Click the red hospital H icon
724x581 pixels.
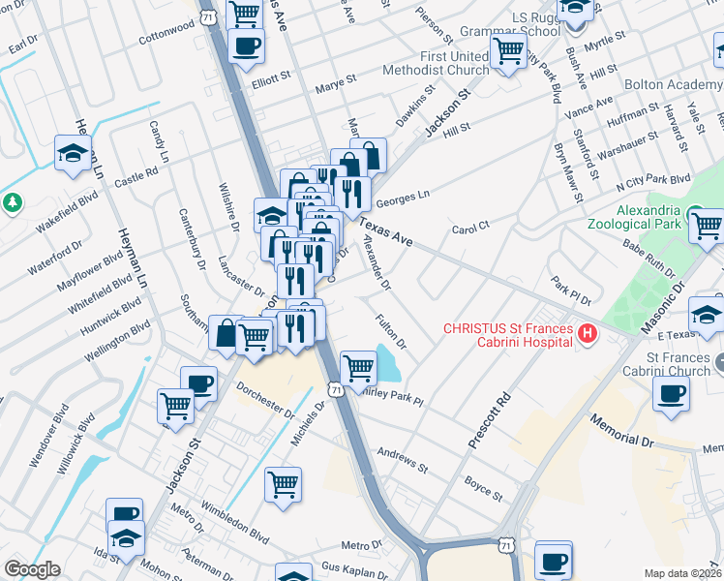tap(586, 335)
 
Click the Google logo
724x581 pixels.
tap(32, 569)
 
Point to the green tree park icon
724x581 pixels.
tap(12, 203)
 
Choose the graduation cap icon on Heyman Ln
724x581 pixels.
tap(73, 155)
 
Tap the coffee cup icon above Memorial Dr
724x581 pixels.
tap(672, 393)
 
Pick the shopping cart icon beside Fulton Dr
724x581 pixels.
tap(358, 367)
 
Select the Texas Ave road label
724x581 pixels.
tap(385, 233)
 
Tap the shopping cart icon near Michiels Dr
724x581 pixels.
tap(283, 484)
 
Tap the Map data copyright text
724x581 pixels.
tap(682, 572)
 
